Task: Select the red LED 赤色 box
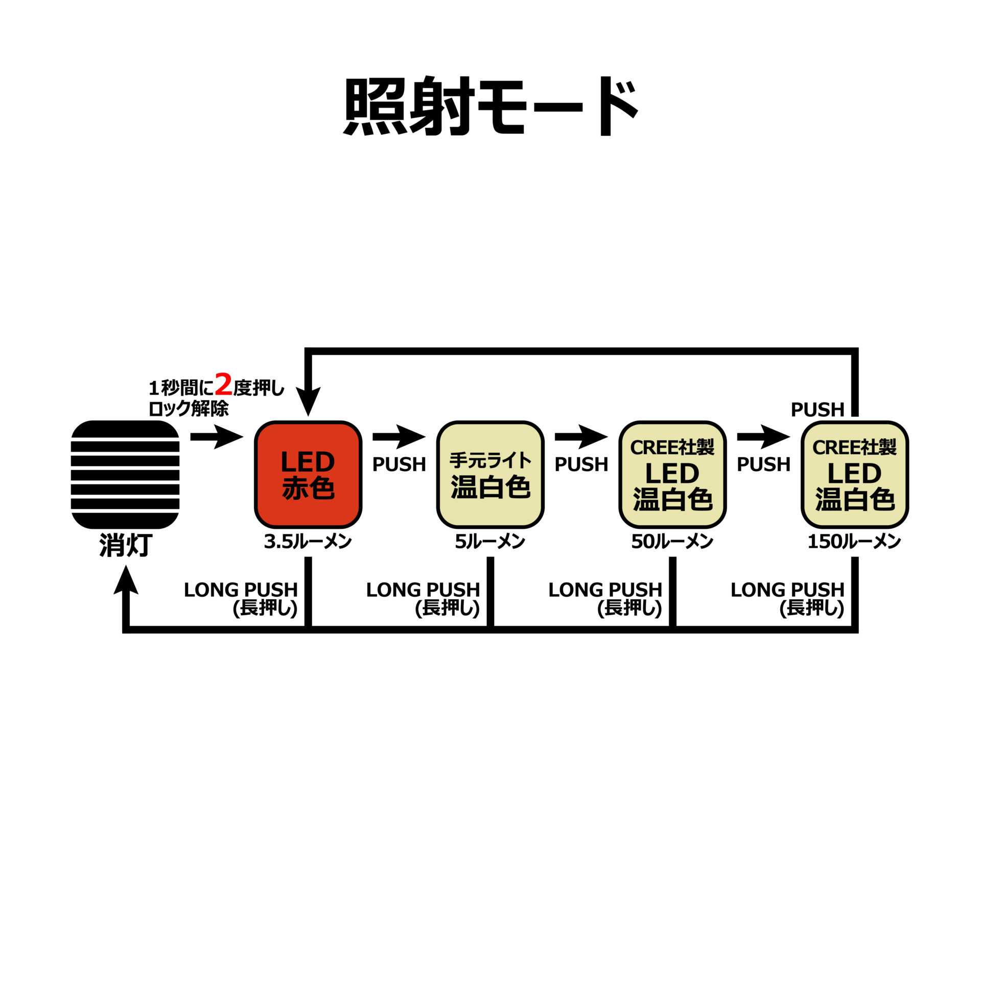pyautogui.click(x=308, y=474)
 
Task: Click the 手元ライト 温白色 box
pyautogui.click(x=490, y=474)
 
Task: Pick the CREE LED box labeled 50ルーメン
pyautogui.click(x=672, y=474)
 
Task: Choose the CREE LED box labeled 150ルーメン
pyautogui.click(x=855, y=474)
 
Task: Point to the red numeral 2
pyautogui.click(x=223, y=385)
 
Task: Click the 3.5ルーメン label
pyautogui.click(x=308, y=542)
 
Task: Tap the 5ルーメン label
pyautogui.click(x=490, y=542)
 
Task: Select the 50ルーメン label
pyautogui.click(x=672, y=542)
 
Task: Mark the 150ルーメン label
pyautogui.click(x=854, y=542)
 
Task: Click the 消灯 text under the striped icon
pyautogui.click(x=126, y=546)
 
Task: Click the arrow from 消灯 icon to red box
pyautogui.click(x=217, y=436)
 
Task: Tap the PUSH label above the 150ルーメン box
pyautogui.click(x=818, y=409)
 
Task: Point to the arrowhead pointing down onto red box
pyautogui.click(x=308, y=402)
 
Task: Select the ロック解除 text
pyautogui.click(x=188, y=409)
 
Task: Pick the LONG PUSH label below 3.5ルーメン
pyautogui.click(x=241, y=598)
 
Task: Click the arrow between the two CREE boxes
pyautogui.click(x=763, y=436)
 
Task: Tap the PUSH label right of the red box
pyautogui.click(x=399, y=464)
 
